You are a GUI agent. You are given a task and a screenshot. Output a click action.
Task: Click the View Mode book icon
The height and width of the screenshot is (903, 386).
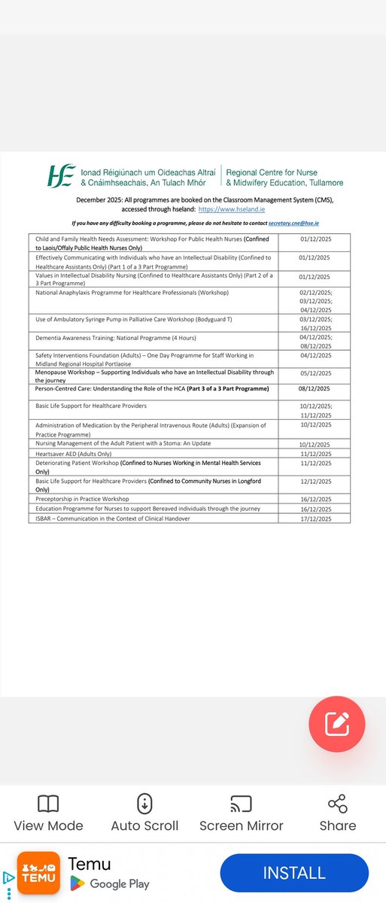coord(48,804)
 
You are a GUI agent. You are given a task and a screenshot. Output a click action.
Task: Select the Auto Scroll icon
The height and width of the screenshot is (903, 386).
coord(144,804)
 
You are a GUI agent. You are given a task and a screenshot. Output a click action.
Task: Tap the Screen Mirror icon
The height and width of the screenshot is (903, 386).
coord(241,804)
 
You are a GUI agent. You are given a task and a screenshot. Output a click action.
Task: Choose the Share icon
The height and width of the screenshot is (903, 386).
coord(337,804)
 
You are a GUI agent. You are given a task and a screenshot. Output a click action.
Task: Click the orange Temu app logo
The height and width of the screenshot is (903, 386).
coord(38,873)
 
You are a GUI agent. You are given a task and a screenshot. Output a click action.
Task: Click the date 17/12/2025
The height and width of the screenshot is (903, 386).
coord(315,518)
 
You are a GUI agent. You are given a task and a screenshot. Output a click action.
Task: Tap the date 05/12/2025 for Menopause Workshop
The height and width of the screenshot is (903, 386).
coord(315,372)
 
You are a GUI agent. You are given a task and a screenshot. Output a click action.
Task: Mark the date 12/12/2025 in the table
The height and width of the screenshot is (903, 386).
coord(315,481)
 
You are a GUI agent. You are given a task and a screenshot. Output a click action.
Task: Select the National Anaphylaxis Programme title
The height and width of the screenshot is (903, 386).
coord(132,292)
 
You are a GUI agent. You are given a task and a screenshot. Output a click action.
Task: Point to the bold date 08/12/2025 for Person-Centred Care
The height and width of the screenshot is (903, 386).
coord(315,389)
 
